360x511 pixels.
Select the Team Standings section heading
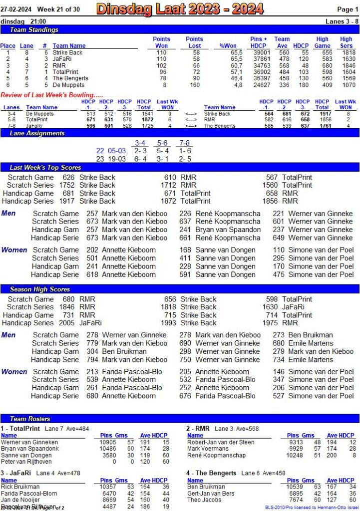pos(34,30)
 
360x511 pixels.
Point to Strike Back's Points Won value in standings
pos(161,52)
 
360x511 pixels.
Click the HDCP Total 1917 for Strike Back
pos(323,114)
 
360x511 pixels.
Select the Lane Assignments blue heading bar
pos(37,133)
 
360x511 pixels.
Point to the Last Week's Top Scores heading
pos(45,167)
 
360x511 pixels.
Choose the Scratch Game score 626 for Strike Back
pos(68,177)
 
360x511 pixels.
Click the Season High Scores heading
pos(40,289)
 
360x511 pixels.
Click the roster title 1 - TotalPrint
pos(20,428)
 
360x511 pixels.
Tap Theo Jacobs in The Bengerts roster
pos(204,500)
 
